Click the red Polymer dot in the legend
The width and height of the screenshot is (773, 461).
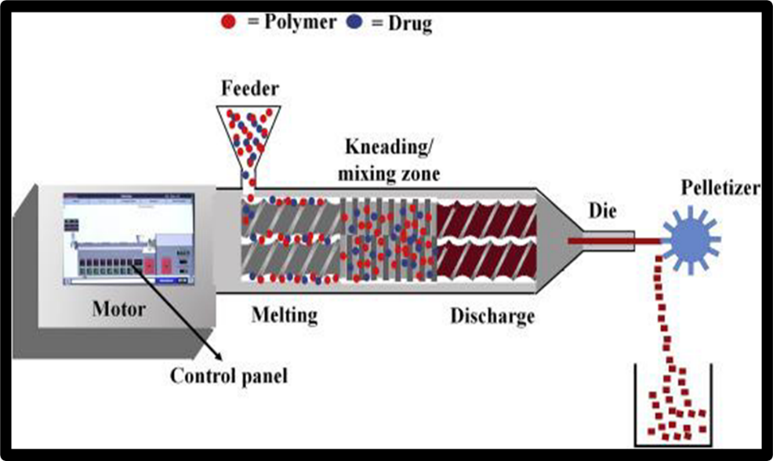(x=229, y=22)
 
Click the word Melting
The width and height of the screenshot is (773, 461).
(x=285, y=315)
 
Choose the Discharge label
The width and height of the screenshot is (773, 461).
(x=492, y=316)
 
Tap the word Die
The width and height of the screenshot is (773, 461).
(x=604, y=212)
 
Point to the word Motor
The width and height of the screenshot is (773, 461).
(x=119, y=309)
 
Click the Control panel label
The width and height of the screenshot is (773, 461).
(x=229, y=376)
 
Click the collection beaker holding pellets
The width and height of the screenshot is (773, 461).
(x=673, y=408)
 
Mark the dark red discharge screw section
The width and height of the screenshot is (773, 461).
(x=487, y=238)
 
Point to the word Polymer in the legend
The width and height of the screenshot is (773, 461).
(x=292, y=22)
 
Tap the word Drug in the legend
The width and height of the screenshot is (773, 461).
(x=410, y=24)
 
